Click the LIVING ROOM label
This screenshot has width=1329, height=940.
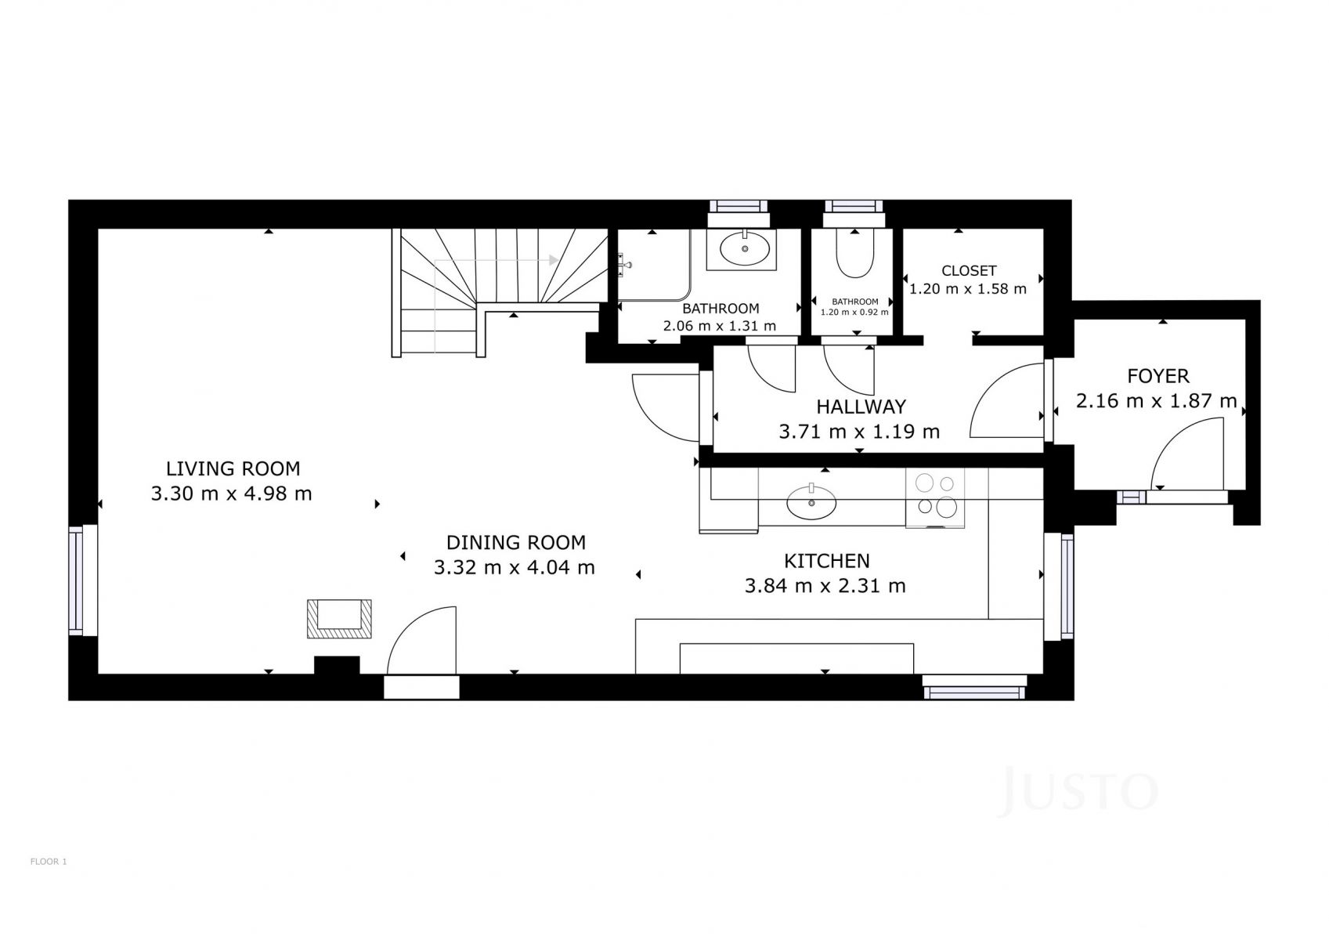(233, 468)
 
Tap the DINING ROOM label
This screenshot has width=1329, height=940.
(515, 542)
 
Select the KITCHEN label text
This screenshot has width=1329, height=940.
(826, 561)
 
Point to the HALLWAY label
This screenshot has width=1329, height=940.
(861, 407)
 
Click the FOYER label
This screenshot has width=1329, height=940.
(1158, 376)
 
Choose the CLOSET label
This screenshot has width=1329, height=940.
(969, 270)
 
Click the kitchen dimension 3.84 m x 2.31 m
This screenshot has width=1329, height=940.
(825, 586)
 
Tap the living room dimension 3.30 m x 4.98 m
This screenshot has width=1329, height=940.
(231, 493)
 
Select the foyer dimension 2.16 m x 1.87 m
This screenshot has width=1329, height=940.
(1157, 400)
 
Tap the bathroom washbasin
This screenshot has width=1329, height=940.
(745, 248)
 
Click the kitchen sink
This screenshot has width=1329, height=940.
(811, 502)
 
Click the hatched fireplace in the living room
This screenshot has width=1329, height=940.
(339, 619)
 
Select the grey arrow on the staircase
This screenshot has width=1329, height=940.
(496, 260)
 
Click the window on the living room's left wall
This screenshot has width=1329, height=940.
(76, 580)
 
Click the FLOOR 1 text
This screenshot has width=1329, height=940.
(49, 862)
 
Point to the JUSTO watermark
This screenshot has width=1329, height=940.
(1078, 792)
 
